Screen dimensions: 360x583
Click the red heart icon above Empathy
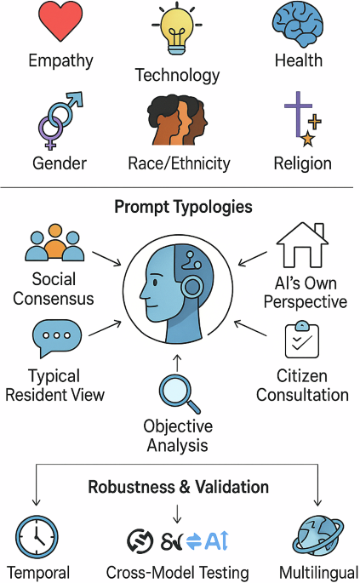click(60, 20)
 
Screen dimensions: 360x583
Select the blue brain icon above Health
click(298, 24)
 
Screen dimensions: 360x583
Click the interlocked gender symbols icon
click(60, 120)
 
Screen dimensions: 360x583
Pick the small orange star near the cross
click(307, 139)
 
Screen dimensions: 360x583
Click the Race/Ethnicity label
click(179, 163)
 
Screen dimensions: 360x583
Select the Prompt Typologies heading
click(183, 206)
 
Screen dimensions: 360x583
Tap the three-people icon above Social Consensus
click(54, 243)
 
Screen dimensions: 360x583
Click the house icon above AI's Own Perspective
click(302, 245)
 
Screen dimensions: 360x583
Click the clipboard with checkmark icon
click(302, 340)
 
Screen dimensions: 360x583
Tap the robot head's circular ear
click(192, 287)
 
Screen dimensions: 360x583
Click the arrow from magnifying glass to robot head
click(177, 363)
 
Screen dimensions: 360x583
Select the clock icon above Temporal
click(37, 538)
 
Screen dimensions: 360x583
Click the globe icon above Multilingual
click(317, 537)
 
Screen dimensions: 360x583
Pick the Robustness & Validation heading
click(179, 487)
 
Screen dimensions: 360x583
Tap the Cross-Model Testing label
click(177, 573)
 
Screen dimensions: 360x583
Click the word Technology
click(177, 76)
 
